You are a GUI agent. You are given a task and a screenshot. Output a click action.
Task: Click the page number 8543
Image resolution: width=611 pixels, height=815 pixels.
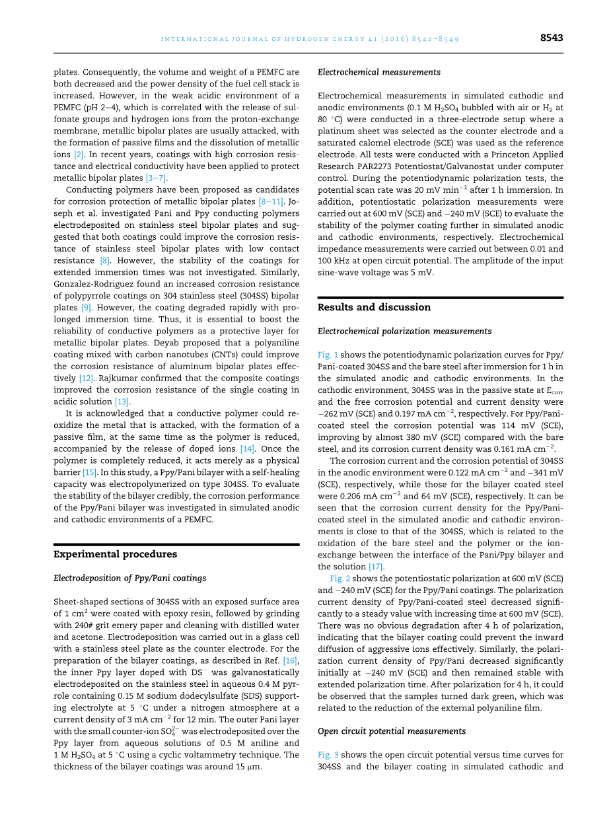click(x=551, y=38)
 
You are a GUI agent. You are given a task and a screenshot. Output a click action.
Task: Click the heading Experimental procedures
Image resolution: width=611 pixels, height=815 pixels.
click(x=115, y=554)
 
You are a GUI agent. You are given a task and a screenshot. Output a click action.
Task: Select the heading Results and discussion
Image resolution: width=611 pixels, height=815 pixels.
click(x=374, y=307)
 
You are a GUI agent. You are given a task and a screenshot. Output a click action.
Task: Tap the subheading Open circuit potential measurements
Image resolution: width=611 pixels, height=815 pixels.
click(x=392, y=731)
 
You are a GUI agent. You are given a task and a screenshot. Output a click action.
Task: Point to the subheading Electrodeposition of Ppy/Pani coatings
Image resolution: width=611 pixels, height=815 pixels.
click(x=129, y=578)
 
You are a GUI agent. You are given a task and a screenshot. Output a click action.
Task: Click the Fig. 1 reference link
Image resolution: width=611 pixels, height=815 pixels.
click(x=328, y=355)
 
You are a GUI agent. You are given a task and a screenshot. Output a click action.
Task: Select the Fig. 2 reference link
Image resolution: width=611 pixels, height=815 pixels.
click(x=341, y=579)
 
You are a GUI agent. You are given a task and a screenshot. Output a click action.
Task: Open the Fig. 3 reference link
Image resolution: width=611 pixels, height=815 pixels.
click(x=328, y=755)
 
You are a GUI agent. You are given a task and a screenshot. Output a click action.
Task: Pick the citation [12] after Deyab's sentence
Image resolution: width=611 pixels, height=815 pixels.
click(x=86, y=378)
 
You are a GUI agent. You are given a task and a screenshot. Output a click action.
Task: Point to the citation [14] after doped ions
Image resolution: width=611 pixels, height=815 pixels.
click(x=247, y=448)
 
